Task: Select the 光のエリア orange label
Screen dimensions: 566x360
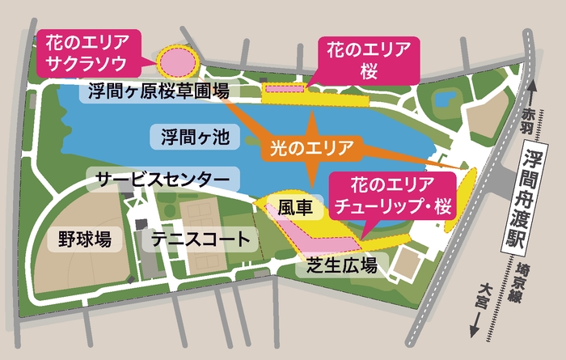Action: tap(310, 149)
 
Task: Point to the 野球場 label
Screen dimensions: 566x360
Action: tap(84, 239)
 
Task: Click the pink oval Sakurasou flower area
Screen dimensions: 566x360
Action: tap(177, 60)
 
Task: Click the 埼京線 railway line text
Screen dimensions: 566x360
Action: tap(519, 281)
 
